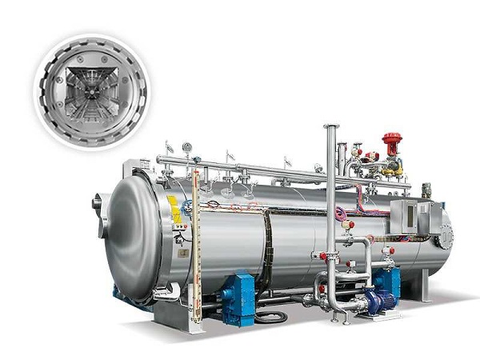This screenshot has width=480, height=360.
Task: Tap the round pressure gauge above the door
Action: click(x=186, y=147)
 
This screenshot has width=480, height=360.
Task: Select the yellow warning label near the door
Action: click(x=174, y=209)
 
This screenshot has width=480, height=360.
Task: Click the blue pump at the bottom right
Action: click(x=379, y=302)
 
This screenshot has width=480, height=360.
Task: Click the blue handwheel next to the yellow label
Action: click(x=186, y=206)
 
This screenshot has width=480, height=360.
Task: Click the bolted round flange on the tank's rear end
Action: click(x=445, y=236)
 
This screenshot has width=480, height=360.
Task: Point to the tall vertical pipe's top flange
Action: click(x=330, y=127)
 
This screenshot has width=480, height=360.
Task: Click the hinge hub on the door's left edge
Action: click(x=98, y=203)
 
